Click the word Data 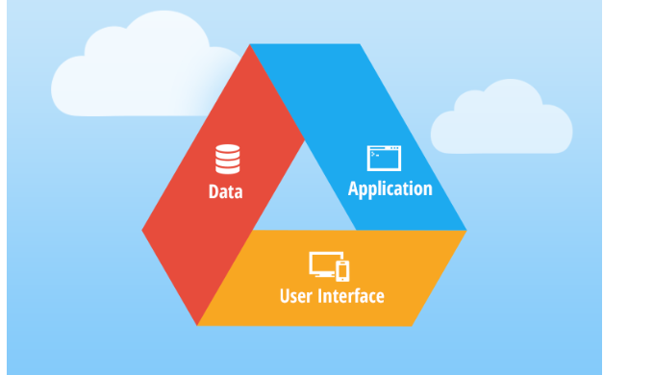(226, 191)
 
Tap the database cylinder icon (227, 159)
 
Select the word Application (390, 188)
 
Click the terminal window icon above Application (384, 158)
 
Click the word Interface (351, 295)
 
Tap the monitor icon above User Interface (323, 262)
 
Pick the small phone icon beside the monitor (342, 270)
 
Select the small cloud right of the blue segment (500, 120)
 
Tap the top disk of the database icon (227, 149)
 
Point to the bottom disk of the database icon (227, 169)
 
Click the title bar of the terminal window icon (384, 148)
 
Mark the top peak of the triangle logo (251, 45)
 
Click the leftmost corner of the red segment (142, 231)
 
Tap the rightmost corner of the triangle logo (466, 231)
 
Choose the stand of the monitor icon (321, 274)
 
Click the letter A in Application (354, 188)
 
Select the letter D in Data (214, 191)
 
